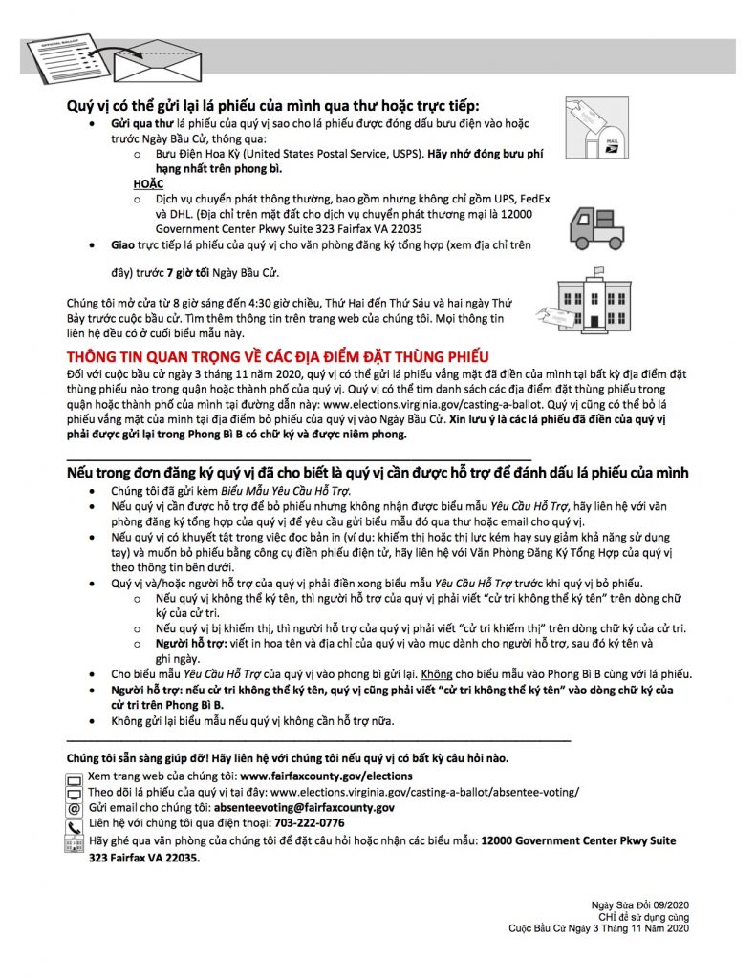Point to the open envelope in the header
(152, 62)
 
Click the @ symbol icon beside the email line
(75, 808)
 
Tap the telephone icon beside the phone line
(75, 825)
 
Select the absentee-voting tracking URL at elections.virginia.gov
(425, 792)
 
